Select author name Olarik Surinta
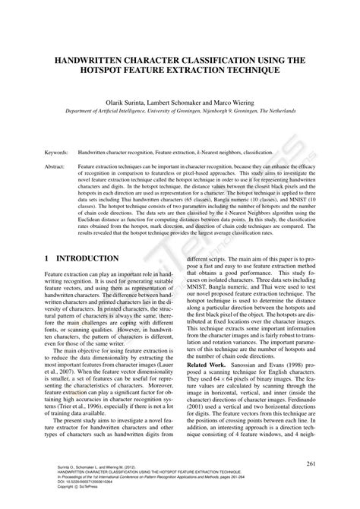[x=141, y=100]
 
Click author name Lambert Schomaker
[x=194, y=100]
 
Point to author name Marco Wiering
[x=252, y=100]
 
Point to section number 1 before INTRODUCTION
[x=48, y=259]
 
